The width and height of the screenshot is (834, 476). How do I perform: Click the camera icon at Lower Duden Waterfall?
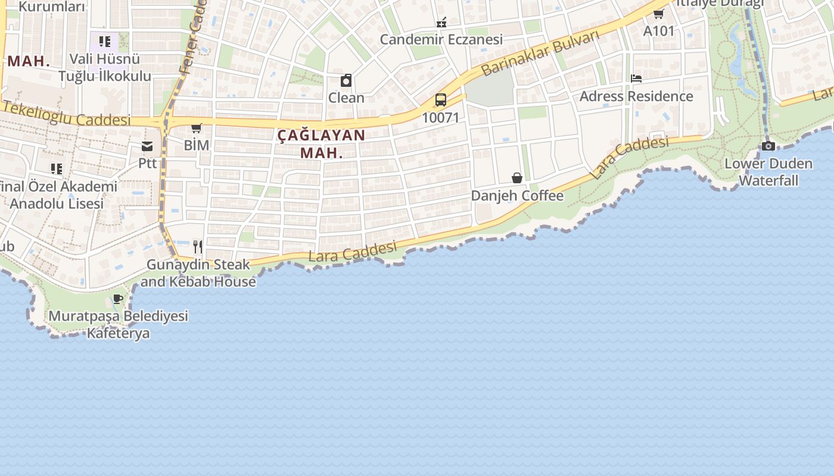pyautogui.click(x=768, y=146)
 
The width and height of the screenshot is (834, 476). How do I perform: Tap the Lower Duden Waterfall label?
pyautogui.click(x=768, y=172)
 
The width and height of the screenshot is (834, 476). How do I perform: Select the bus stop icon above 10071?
pyautogui.click(x=441, y=100)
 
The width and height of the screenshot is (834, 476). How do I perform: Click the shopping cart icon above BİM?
pyautogui.click(x=196, y=128)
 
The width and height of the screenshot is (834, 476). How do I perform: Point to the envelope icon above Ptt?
pyautogui.click(x=147, y=146)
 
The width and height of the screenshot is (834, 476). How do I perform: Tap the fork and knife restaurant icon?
pyautogui.click(x=198, y=246)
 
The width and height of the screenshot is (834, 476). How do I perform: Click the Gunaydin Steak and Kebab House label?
pyautogui.click(x=198, y=273)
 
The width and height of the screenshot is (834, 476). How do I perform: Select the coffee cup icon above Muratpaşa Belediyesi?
pyautogui.click(x=118, y=299)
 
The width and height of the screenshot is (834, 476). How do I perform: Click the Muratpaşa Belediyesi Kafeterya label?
pyautogui.click(x=118, y=324)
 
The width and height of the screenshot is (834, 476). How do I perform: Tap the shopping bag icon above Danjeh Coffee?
pyautogui.click(x=517, y=178)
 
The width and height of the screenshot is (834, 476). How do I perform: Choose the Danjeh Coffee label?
pyautogui.click(x=517, y=196)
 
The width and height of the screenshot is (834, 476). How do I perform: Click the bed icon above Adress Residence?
pyautogui.click(x=636, y=79)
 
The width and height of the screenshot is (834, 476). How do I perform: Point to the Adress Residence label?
pyautogui.click(x=636, y=96)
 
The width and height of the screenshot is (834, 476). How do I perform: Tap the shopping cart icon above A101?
pyautogui.click(x=659, y=14)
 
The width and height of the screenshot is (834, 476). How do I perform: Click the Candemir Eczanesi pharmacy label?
pyautogui.click(x=441, y=39)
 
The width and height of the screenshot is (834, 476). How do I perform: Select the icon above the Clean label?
pyautogui.click(x=346, y=80)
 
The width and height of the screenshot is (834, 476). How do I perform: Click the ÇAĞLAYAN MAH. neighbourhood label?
pyautogui.click(x=321, y=143)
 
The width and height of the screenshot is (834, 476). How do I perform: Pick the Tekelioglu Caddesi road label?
pyautogui.click(x=66, y=115)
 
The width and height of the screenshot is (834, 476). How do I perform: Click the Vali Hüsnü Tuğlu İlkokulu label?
pyautogui.click(x=105, y=68)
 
